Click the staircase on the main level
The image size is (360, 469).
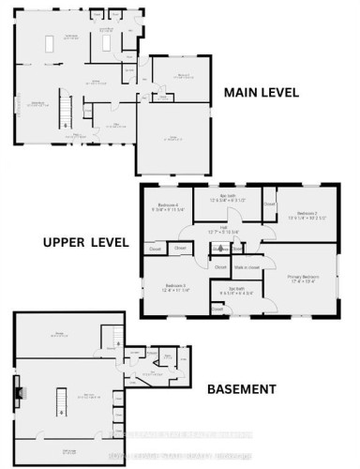pyautogui.click(x=66, y=110)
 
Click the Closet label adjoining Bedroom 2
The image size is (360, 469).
pyautogui.click(x=269, y=203)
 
